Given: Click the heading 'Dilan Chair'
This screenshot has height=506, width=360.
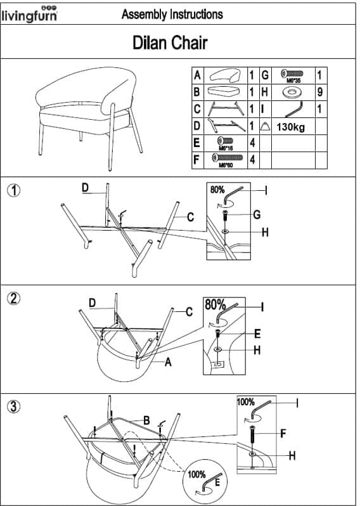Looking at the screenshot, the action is point(170,42).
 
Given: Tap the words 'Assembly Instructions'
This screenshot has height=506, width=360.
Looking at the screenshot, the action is point(172,14).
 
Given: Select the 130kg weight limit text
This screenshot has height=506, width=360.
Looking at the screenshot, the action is point(290,127).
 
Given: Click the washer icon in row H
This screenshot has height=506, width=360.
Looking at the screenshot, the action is point(293,93).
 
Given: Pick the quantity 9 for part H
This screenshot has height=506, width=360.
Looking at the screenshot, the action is point(319,92).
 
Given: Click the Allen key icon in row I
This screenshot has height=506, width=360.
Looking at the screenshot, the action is point(294,110).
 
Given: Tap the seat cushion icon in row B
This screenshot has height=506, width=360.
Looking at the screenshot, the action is point(225,92).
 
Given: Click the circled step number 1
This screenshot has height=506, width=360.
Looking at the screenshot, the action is point(13,190).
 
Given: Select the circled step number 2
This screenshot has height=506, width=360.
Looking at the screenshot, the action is point(13,299).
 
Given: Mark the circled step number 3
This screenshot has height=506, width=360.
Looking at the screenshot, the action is point(13,406).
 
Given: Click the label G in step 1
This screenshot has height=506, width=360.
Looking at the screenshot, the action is point(257,214).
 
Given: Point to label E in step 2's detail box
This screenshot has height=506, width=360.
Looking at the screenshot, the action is point(257,334).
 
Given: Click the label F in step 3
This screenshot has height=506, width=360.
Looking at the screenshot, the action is point(283,433).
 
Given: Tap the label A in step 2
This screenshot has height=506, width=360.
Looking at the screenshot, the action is point(168,363).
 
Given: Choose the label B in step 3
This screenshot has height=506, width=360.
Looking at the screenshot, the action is point(146,420).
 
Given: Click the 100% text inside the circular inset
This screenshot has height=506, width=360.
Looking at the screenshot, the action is point(196,474).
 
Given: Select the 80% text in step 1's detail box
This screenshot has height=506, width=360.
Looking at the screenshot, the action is point(217,190).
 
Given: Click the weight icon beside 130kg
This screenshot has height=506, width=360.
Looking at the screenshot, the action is point(265,126).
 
